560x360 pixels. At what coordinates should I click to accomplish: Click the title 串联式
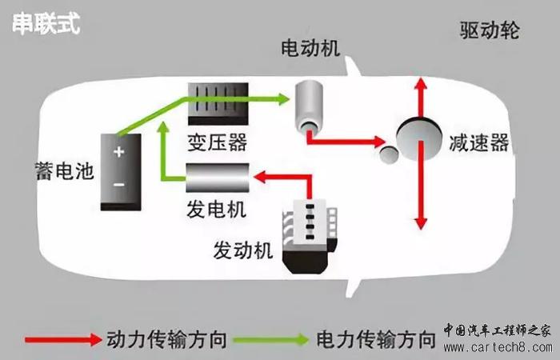[46, 24]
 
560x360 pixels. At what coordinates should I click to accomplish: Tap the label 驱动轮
[490, 31]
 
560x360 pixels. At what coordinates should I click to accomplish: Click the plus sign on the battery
[118, 151]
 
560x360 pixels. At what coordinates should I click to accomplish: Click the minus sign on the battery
[118, 185]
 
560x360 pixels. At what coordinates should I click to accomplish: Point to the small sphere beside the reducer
[389, 152]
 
